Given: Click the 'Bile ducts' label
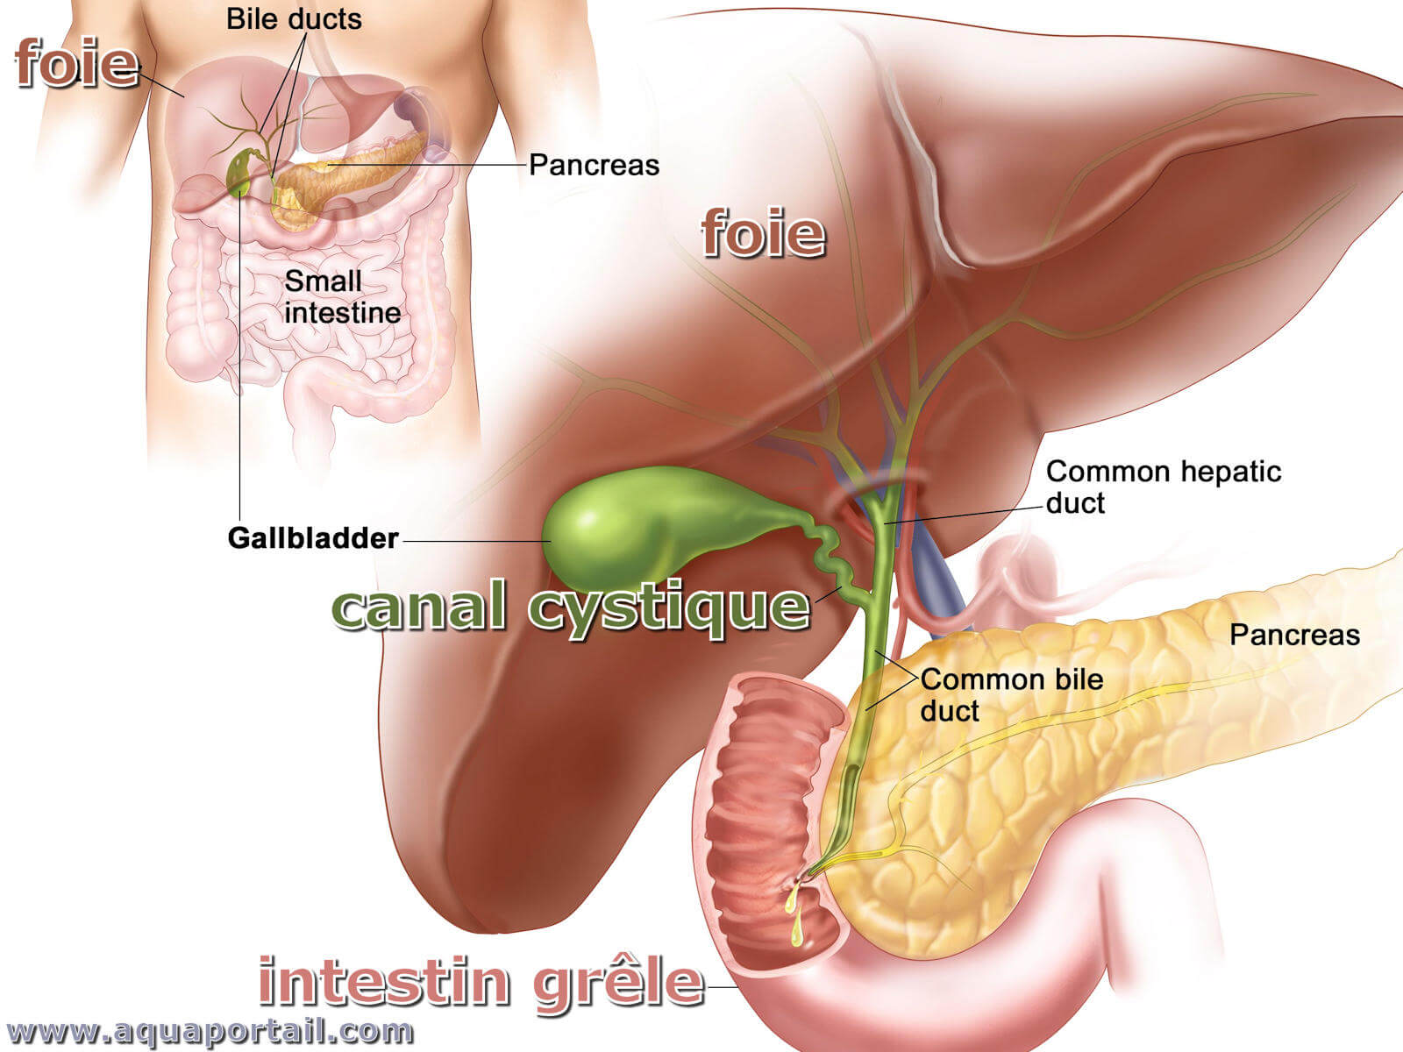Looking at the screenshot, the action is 294,19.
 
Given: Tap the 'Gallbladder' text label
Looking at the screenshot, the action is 313,538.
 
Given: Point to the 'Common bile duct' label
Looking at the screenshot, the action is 1012,695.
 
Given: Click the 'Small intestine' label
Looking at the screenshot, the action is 343,297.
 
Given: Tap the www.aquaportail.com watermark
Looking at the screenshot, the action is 210,1032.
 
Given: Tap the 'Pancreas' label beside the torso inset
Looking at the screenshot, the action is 594,166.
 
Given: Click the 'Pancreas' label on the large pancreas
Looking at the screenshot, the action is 1295,635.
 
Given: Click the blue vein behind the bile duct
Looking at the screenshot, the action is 932,568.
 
